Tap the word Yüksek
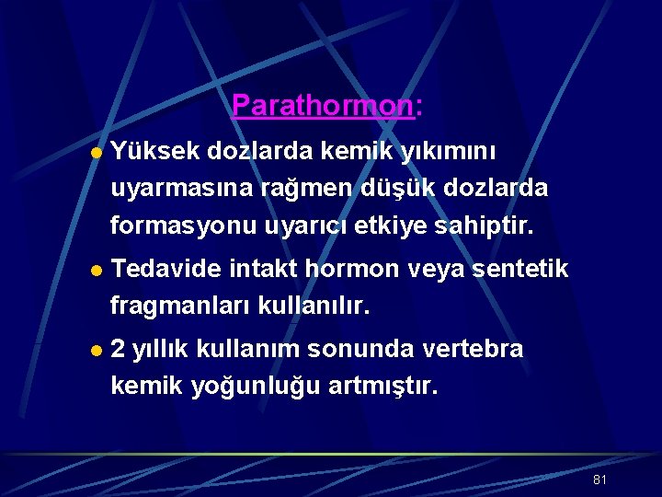pyautogui.click(x=154, y=151)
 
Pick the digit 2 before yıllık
pyautogui.click(x=118, y=350)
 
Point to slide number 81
pyautogui.click(x=600, y=480)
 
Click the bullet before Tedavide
pyautogui.click(x=97, y=271)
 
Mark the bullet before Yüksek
pyautogui.click(x=97, y=153)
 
